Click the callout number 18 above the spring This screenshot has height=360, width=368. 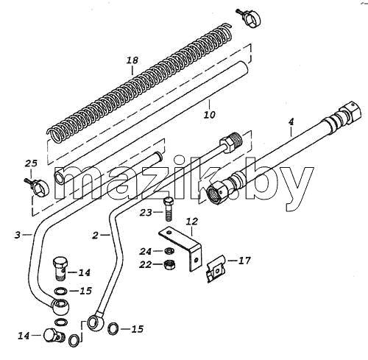pos(132,60)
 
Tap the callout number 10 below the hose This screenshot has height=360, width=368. pos(210,115)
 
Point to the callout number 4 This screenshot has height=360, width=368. pos(291,121)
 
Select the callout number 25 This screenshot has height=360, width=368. pos(31,163)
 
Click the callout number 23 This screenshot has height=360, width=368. pos(146,213)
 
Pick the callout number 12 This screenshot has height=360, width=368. pos(191,222)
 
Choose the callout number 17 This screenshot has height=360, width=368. pos(244,261)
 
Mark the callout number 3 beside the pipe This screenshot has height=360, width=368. pos(18,235)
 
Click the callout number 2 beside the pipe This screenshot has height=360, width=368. pos(95,236)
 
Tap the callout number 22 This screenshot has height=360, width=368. pos(146,264)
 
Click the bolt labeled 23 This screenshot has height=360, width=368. pos(169,210)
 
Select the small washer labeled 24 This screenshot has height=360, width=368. pos(169,251)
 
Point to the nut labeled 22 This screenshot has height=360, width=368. pos(169,264)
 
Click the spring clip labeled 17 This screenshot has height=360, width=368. pos(216,269)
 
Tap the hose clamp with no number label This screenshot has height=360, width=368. pos(249,18)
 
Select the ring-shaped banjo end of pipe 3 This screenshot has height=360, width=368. pos(60,306)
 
